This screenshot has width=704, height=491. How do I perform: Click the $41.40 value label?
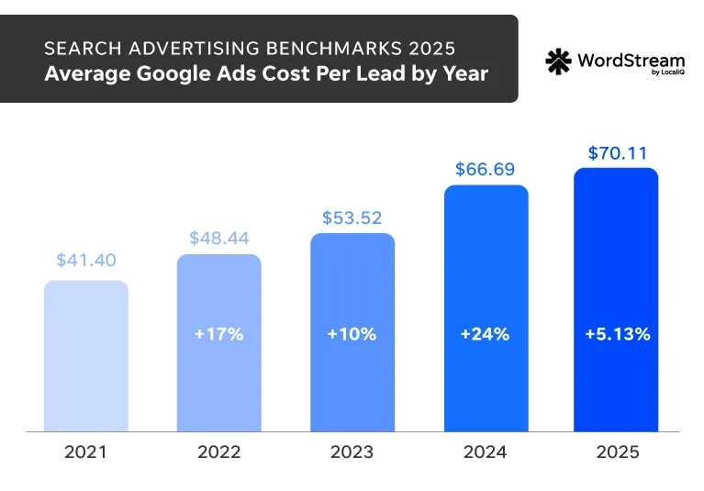85,261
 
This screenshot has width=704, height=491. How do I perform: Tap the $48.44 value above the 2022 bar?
218,237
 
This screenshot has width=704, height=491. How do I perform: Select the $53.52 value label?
352,218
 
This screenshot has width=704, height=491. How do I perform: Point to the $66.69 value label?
486,169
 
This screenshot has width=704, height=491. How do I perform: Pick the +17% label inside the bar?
218,334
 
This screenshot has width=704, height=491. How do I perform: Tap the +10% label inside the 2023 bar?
352,334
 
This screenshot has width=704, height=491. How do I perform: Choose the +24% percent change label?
485,334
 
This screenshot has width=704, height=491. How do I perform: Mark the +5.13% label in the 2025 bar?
617,334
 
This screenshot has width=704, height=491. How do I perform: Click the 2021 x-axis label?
85,452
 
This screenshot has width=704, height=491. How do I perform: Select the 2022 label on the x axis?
218,452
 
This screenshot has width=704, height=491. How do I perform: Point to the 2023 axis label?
352,452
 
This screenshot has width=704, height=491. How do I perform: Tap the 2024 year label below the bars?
485,452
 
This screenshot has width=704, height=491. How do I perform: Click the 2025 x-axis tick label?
617,452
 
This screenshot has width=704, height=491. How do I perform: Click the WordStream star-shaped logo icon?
558,61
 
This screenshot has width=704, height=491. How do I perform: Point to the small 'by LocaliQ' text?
659,74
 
